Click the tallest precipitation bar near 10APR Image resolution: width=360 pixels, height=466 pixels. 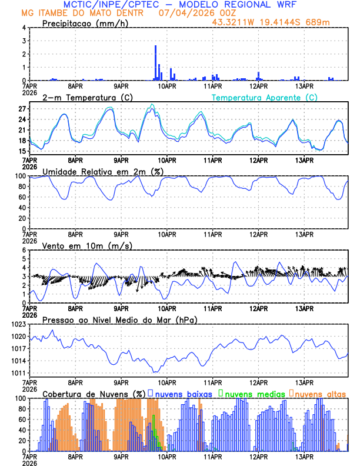[155, 62]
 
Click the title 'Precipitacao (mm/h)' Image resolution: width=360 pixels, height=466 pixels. [84, 23]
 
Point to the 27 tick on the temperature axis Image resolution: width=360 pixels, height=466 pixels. [22, 109]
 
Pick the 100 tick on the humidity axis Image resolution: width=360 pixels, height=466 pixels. [19, 176]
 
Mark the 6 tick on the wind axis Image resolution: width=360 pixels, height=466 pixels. [24, 250]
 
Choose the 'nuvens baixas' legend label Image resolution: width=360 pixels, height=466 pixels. [184, 393]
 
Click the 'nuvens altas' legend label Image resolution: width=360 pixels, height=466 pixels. [320, 393]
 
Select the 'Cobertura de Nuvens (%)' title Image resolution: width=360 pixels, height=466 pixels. [94, 393]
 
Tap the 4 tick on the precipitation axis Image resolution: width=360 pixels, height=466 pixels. [24, 28]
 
